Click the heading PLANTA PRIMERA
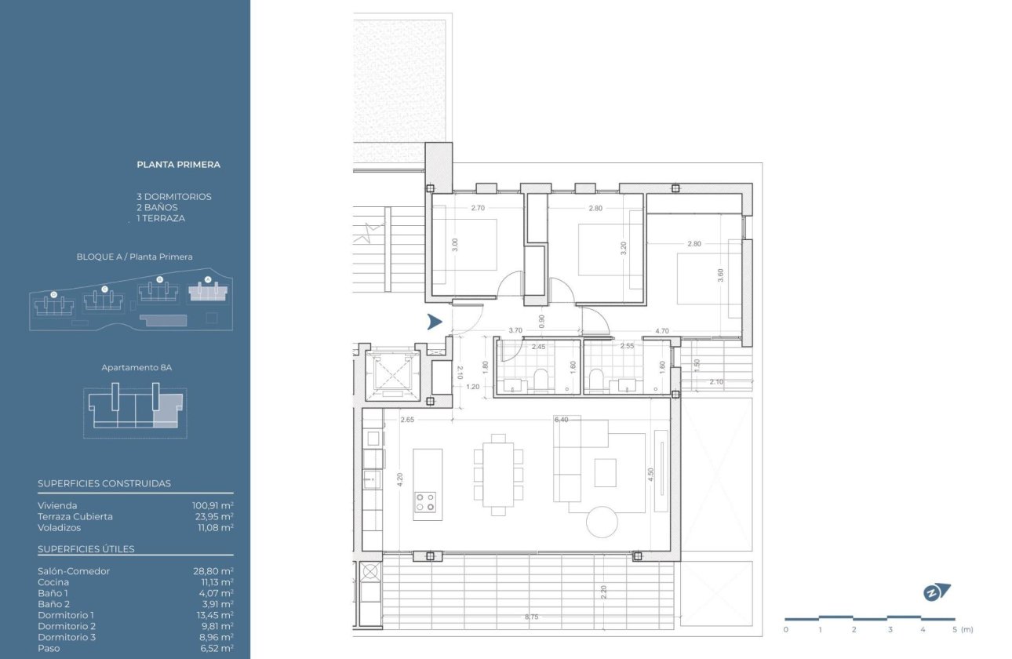178,165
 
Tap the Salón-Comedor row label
74,571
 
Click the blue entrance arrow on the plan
435,322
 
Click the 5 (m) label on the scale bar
961,629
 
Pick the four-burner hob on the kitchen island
425,501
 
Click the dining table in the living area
498,475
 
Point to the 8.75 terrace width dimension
531,617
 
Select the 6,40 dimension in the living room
561,420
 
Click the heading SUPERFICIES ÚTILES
86,549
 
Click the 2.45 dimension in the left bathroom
538,346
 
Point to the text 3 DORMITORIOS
173,197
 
